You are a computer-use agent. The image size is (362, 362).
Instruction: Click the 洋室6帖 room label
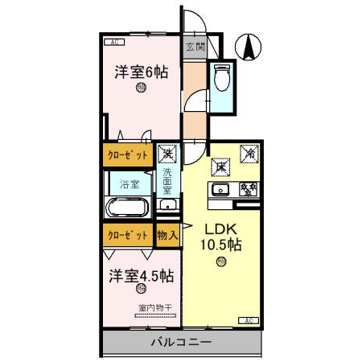pos(141,72)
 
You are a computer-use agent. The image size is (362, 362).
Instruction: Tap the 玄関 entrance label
pos(195,47)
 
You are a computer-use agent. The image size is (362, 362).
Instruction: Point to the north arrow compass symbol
pos(249,46)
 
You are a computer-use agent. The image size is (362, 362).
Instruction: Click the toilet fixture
pos(222,78)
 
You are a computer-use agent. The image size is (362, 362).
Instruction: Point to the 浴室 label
pos(130,184)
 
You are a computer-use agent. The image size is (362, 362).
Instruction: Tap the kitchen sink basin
pos(222,190)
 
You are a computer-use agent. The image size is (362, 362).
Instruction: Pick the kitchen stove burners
pos(248,190)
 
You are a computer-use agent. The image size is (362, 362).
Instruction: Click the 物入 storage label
pos(167,236)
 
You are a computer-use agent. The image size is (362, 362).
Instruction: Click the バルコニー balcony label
pos(182,343)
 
